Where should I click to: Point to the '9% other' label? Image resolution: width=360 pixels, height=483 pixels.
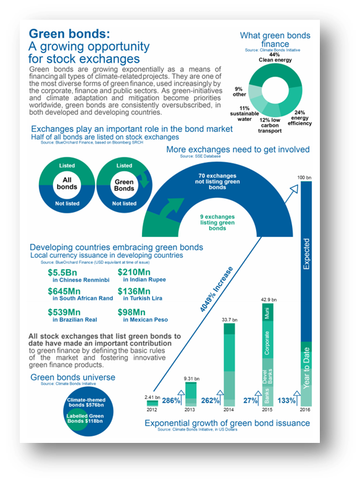239,93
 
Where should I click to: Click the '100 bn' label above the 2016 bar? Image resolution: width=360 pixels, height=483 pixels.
305,178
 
